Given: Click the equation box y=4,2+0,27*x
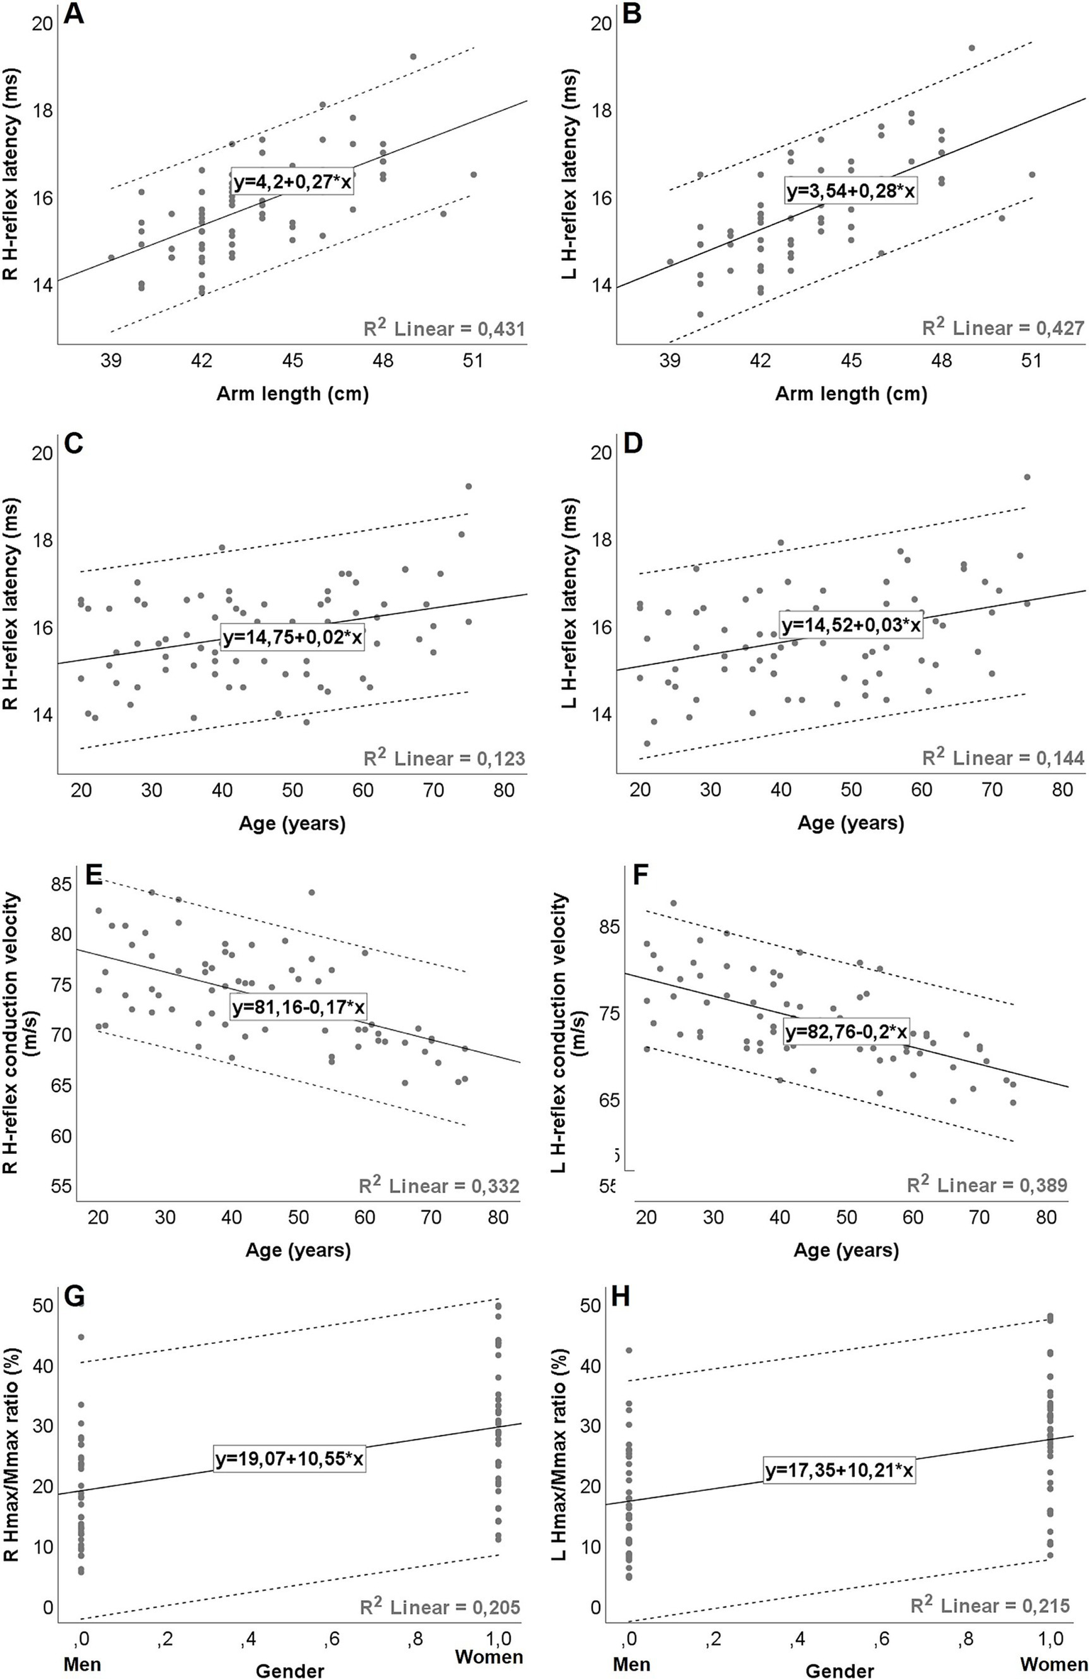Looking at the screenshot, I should [x=292, y=182].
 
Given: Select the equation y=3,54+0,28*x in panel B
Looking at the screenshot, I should [x=851, y=191].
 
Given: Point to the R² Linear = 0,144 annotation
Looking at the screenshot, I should [x=1003, y=759].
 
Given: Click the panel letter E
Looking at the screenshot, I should [x=94, y=875].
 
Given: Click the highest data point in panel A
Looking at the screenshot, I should [x=414, y=57].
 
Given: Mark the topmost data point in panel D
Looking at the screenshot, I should [x=1027, y=477].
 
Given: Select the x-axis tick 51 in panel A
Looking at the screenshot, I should [x=472, y=361].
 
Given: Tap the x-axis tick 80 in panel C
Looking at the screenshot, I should [x=504, y=791].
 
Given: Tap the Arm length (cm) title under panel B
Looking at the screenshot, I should [x=851, y=394].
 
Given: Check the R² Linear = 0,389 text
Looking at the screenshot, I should [x=987, y=1185].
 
